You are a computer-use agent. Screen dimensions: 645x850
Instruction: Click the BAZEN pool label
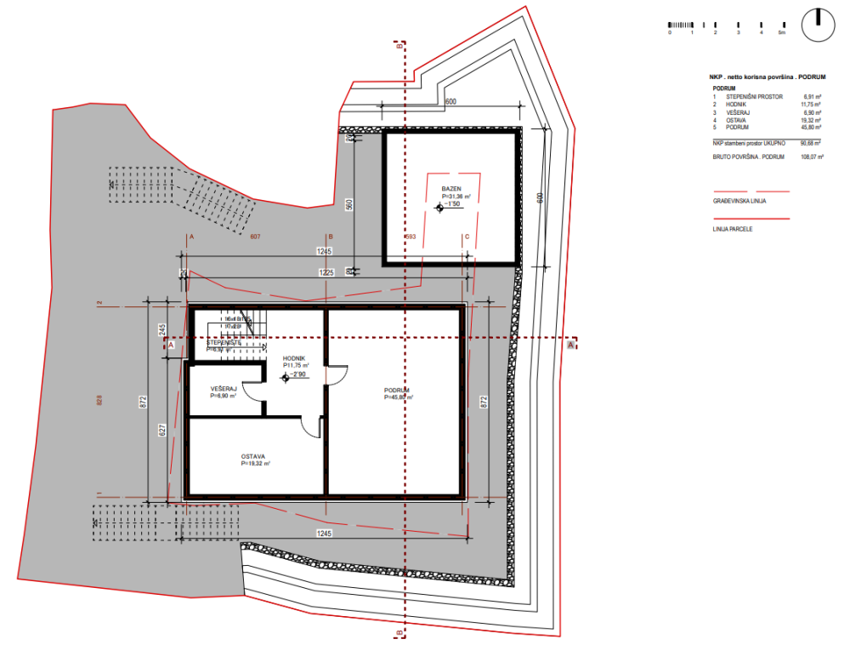(x=450, y=188)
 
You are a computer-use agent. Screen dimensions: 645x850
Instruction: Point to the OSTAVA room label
(x=255, y=455)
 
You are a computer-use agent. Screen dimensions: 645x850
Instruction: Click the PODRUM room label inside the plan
(x=397, y=391)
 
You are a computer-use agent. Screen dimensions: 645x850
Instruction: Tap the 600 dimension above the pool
(x=450, y=101)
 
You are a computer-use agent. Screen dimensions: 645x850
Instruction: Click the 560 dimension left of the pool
(x=348, y=205)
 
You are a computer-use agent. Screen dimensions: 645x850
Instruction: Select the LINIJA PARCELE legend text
(x=734, y=229)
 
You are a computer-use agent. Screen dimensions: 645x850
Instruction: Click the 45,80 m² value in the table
(x=813, y=128)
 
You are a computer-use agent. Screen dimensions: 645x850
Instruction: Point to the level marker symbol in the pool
(x=439, y=205)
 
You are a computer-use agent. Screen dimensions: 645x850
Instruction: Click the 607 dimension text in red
(x=255, y=237)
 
